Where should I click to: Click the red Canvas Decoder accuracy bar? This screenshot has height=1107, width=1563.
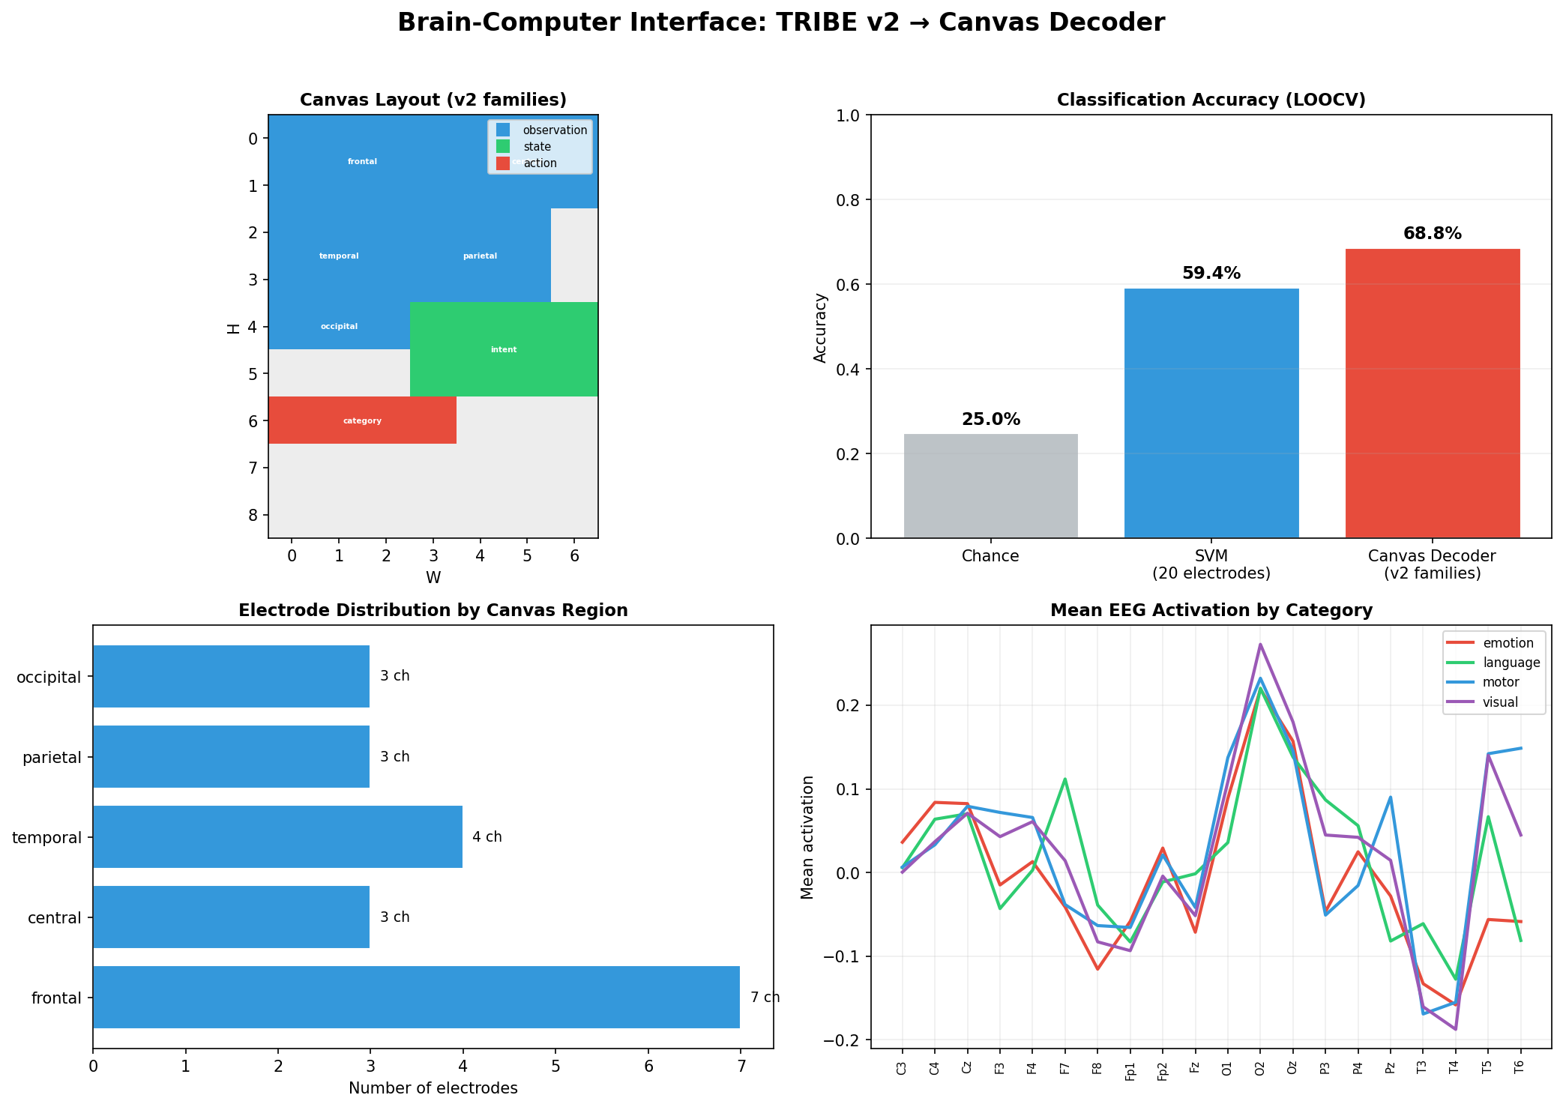1432,393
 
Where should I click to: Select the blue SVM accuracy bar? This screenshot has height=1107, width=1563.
1211,413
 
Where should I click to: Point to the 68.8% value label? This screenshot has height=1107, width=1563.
1432,234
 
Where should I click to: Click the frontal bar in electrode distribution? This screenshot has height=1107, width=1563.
416,997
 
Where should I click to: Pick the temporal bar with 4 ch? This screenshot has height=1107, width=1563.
277,836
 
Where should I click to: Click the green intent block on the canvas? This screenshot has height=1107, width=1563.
504,349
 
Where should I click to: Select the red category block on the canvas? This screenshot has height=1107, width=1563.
362,420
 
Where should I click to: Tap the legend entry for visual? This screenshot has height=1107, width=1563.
1500,702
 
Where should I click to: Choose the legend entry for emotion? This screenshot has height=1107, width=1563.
1508,643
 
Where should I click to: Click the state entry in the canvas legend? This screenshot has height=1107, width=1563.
537,147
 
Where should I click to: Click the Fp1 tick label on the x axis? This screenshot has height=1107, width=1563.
1130,1070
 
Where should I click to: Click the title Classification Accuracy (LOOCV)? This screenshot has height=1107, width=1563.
1211,100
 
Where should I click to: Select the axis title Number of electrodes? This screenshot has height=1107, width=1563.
433,1088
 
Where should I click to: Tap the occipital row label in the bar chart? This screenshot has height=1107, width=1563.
48,678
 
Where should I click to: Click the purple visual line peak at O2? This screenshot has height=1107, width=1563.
1260,644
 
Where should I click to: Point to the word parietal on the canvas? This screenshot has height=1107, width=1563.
480,256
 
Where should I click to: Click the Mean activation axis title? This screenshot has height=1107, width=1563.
807,836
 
